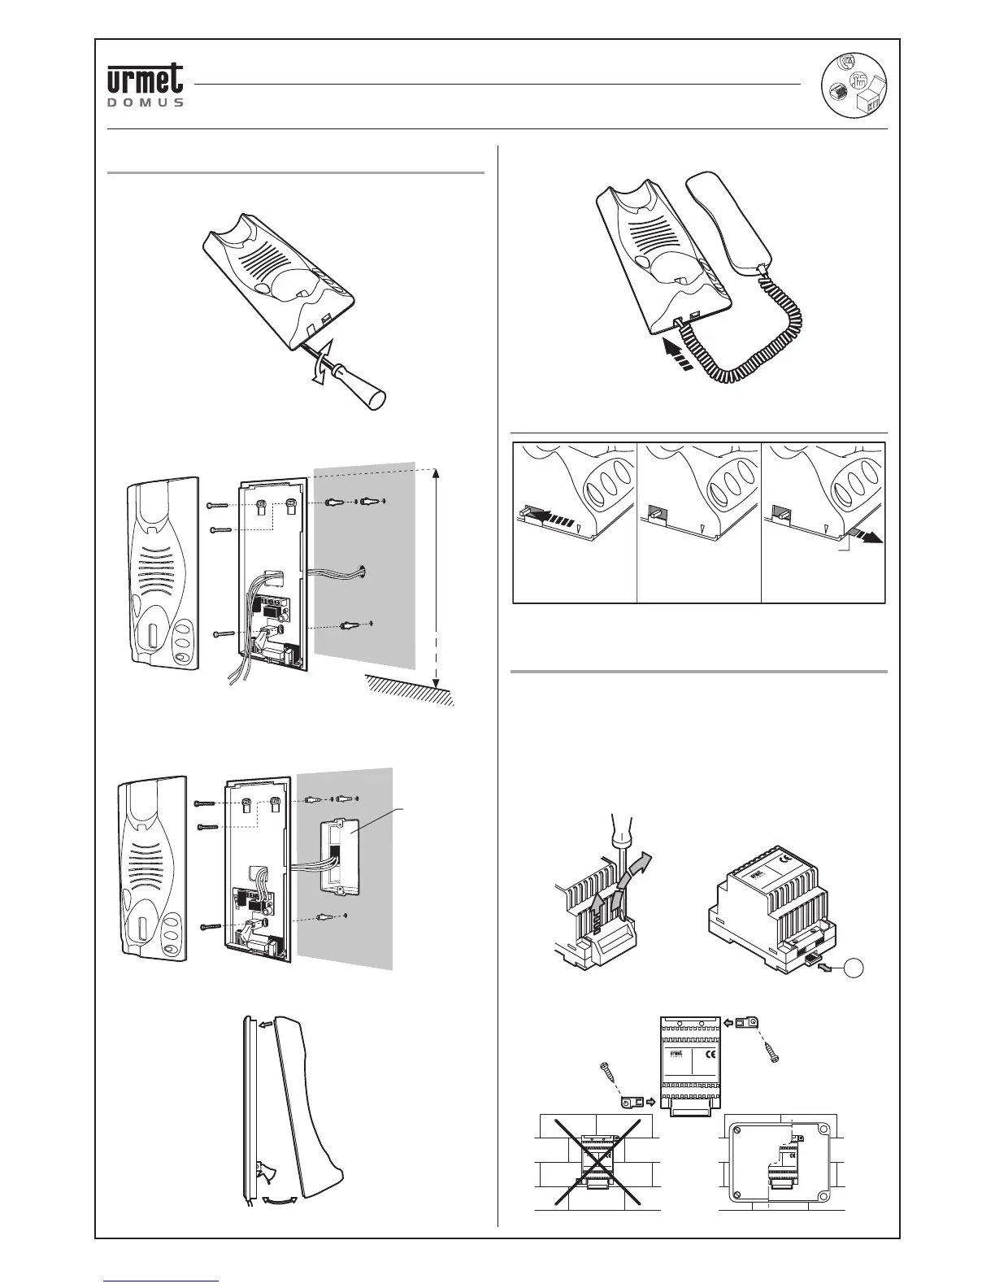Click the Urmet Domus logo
pos(146,85)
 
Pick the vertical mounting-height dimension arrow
pos(437,577)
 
